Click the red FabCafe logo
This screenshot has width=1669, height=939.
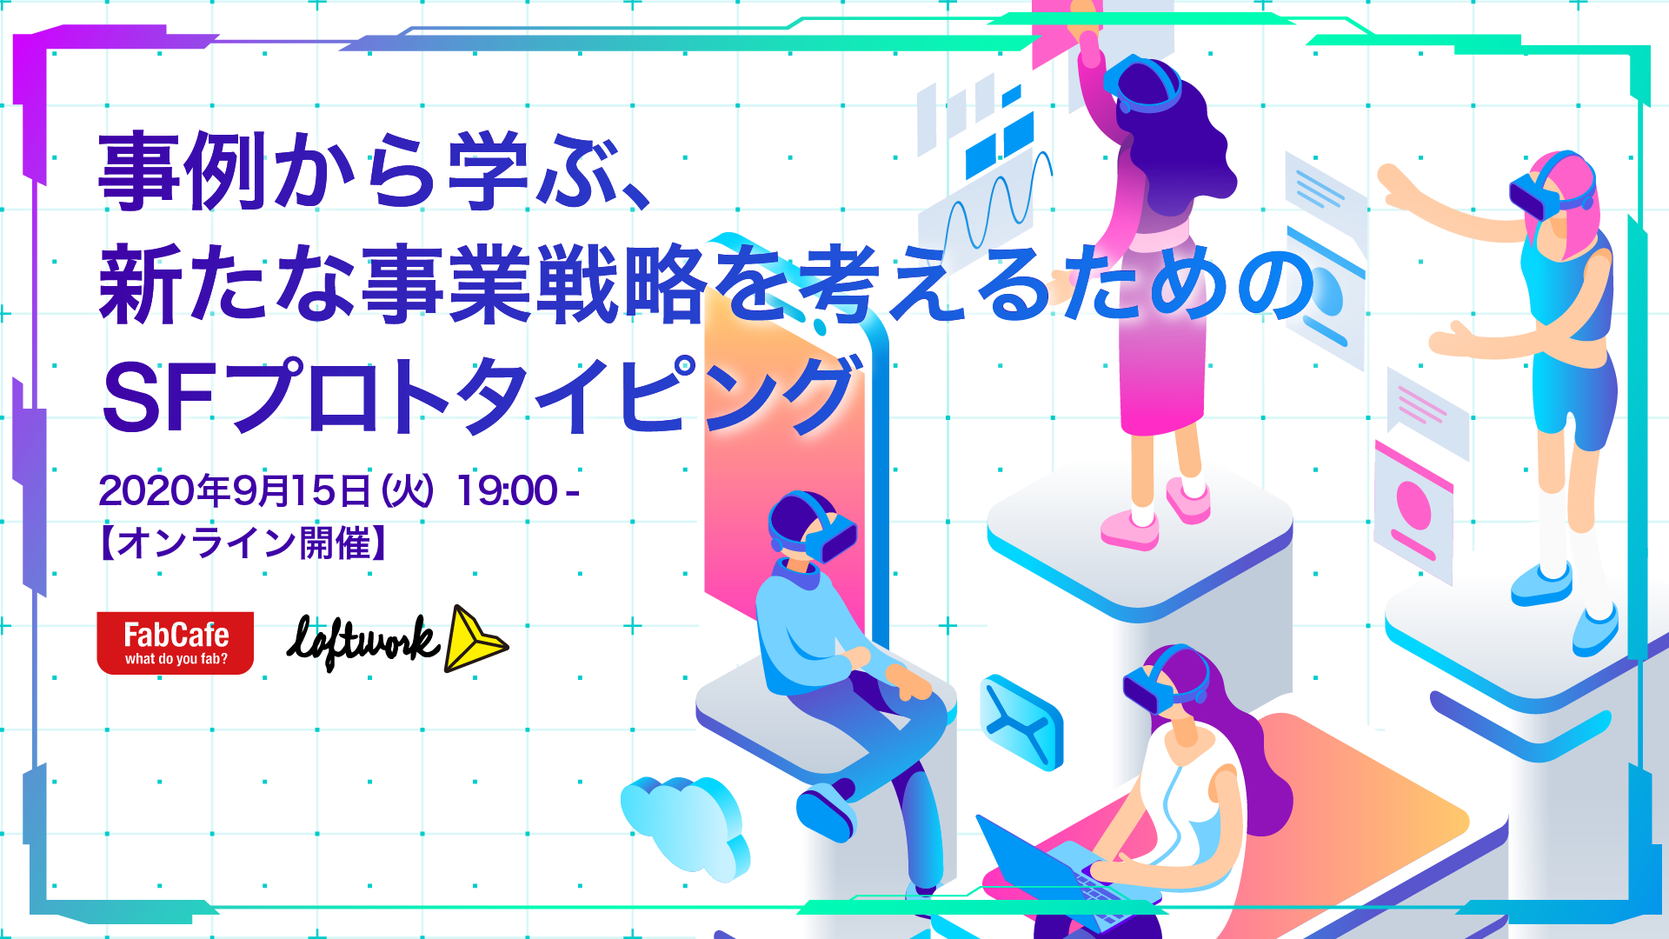pyautogui.click(x=175, y=643)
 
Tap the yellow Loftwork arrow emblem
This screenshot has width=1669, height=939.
pyautogui.click(x=475, y=639)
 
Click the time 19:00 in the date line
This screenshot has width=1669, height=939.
pyautogui.click(x=507, y=491)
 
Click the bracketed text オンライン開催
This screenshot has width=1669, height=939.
pyautogui.click(x=243, y=543)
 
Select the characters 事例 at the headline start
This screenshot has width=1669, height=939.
pyautogui.click(x=183, y=170)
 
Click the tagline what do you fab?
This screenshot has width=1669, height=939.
pyautogui.click(x=176, y=659)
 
